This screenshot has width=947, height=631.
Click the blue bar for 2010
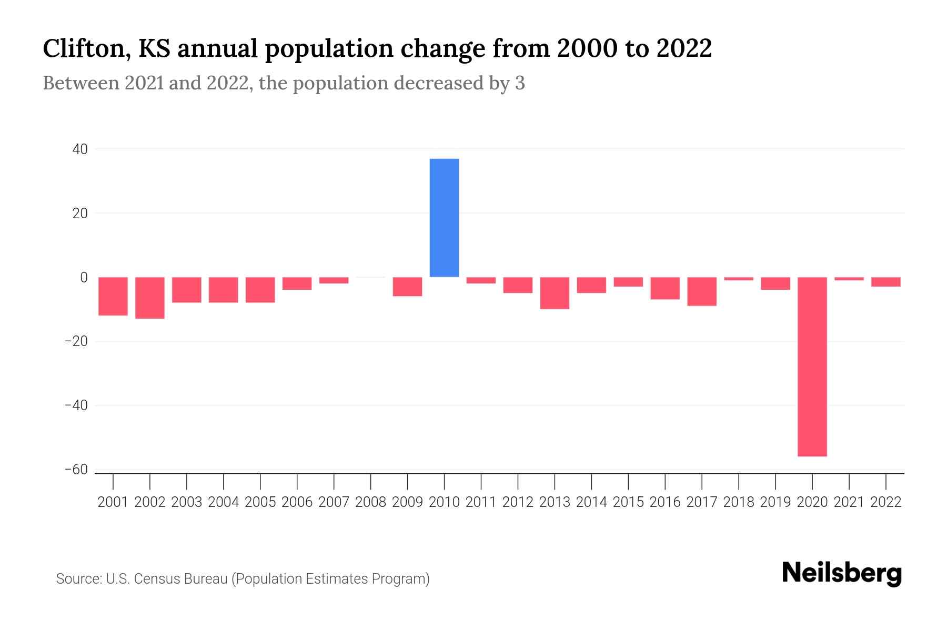444,218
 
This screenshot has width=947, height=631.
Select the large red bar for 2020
812,367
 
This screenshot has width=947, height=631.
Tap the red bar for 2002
150,298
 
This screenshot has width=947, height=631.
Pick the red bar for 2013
555,293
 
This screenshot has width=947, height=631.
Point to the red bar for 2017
701,291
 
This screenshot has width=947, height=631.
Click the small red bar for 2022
885,282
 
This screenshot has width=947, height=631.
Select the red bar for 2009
407,287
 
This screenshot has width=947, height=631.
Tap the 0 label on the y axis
84,278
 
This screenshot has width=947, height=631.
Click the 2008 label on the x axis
370,502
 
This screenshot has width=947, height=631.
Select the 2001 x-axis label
113,502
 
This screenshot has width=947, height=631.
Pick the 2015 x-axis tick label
628,502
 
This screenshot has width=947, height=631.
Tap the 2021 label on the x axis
849,502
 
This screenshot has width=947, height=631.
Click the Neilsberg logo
842,574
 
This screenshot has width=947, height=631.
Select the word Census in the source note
156,579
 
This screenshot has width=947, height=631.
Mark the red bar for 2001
113,296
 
